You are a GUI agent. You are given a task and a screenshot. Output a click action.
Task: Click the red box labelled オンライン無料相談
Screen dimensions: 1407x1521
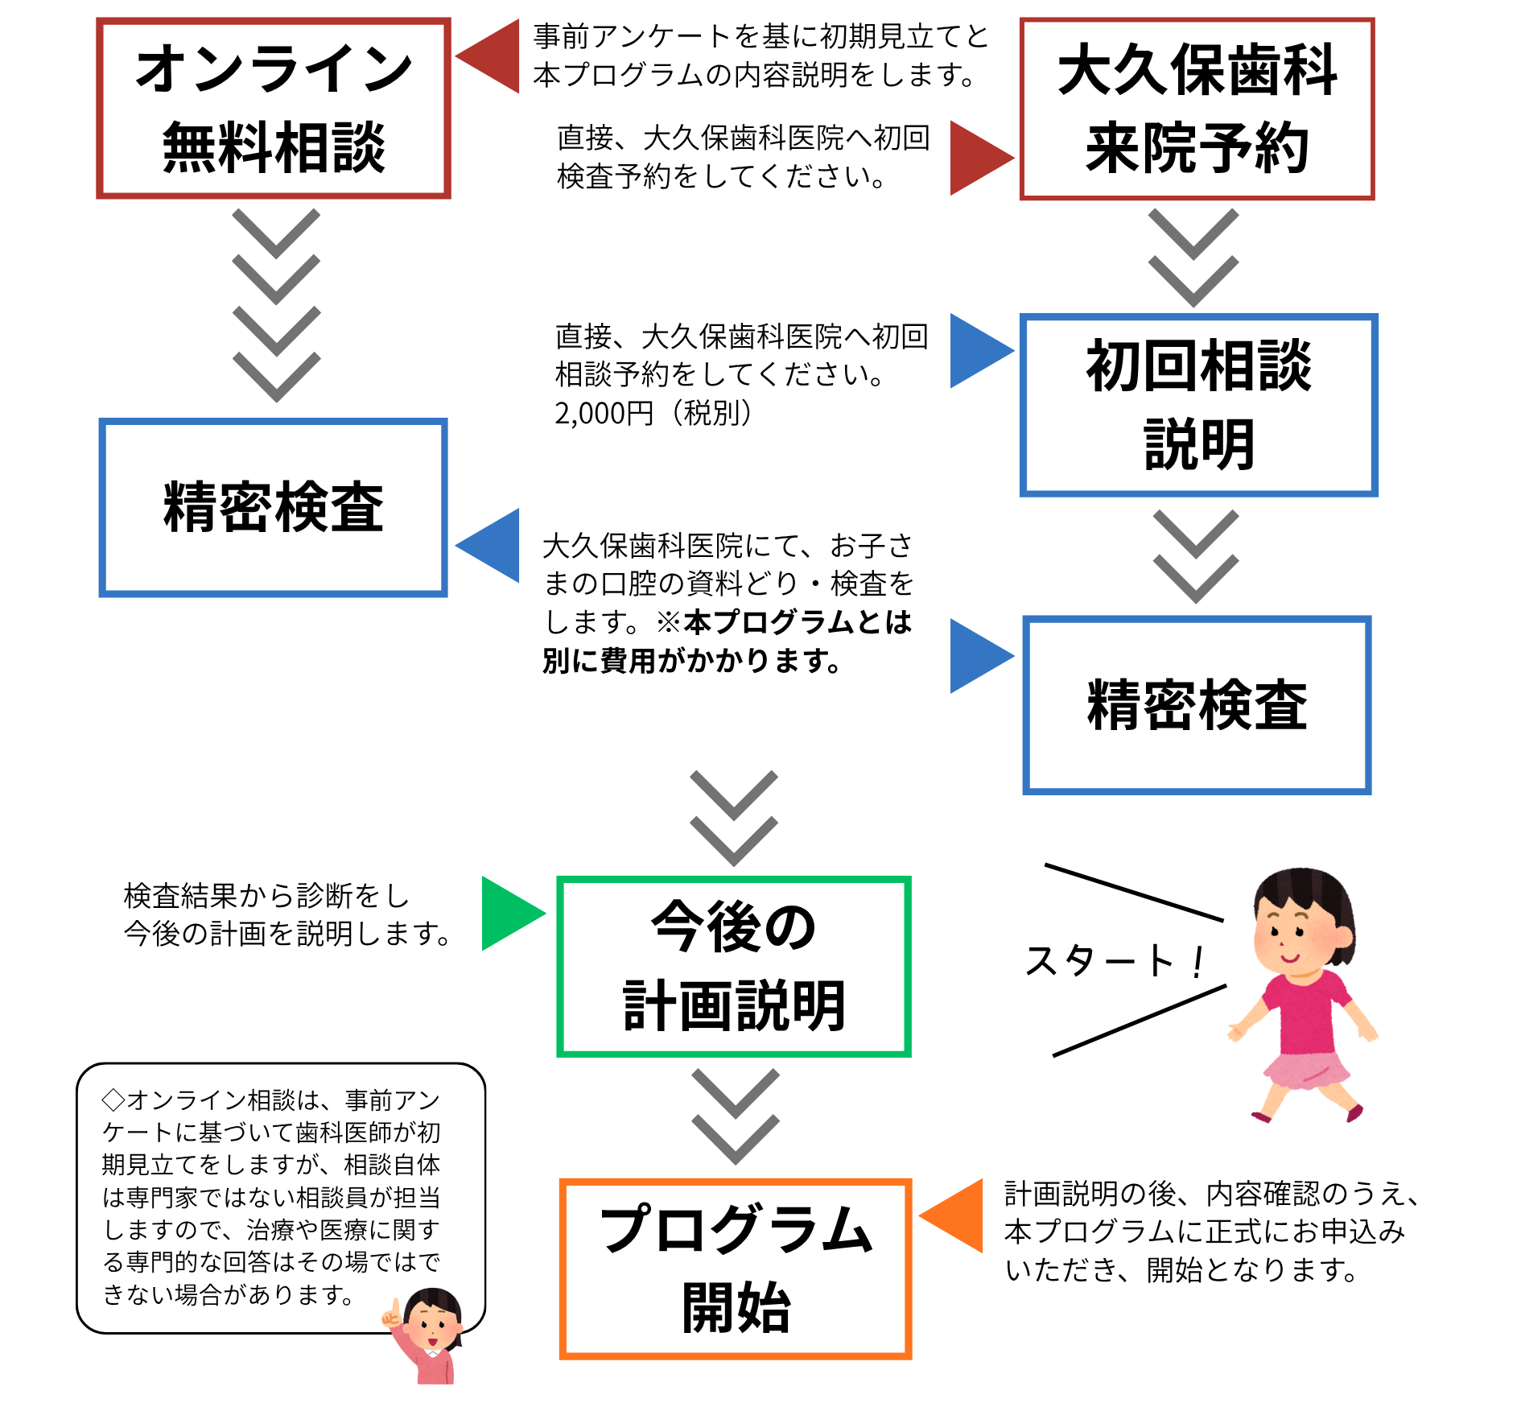[x=273, y=108]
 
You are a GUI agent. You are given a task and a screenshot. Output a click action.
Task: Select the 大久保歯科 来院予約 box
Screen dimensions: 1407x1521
[x=1197, y=109]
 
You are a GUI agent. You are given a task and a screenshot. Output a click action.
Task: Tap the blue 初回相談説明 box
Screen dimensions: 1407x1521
[x=1198, y=405]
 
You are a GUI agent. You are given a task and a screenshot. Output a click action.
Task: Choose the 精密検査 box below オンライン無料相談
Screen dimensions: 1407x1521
[x=273, y=507]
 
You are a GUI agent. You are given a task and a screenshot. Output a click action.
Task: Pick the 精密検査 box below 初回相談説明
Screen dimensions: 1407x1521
[x=1197, y=705]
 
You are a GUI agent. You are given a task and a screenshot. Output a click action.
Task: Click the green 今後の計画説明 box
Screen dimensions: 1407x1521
[x=734, y=966]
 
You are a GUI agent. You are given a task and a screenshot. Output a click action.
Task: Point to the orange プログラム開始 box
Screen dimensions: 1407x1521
[x=736, y=1269]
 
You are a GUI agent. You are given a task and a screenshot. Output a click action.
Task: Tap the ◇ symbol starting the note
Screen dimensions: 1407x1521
[x=113, y=1100]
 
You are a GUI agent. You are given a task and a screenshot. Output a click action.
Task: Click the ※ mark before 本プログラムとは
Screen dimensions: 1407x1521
[x=669, y=622]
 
